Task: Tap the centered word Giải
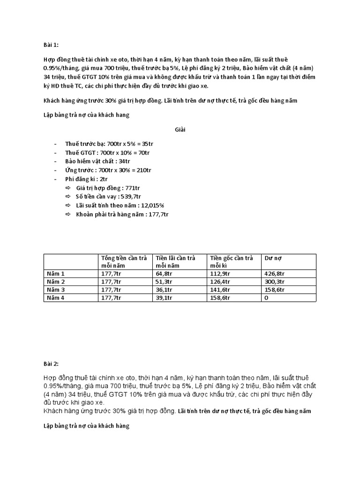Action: coord(180,130)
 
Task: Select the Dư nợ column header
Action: coord(273,258)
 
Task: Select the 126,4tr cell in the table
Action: coord(220,281)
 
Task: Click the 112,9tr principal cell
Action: coord(220,273)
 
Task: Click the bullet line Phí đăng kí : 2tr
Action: coord(86,179)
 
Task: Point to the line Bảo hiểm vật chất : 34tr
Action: coord(97,161)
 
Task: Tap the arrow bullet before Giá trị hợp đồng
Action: coord(68,188)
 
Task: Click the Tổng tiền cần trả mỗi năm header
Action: coord(124,262)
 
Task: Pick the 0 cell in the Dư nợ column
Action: coord(267,297)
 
